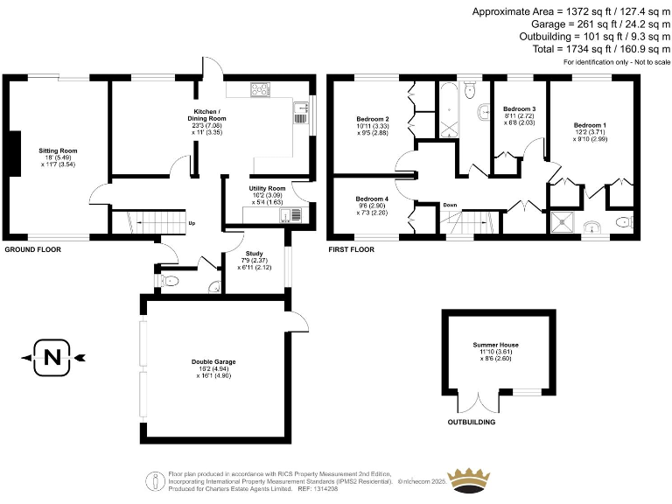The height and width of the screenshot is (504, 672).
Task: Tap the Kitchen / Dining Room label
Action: tap(210, 117)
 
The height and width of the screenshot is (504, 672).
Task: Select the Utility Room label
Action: tap(269, 188)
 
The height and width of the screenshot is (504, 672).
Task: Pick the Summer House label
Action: tap(496, 345)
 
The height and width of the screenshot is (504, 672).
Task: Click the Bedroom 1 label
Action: tap(591, 126)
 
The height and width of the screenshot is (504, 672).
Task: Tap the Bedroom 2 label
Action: tap(373, 118)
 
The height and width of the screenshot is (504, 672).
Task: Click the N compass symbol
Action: tap(52, 357)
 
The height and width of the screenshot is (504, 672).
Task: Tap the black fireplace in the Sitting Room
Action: tap(13, 151)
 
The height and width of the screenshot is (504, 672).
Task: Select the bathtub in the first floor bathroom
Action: tap(449, 109)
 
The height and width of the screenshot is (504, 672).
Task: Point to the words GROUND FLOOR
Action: tap(33, 249)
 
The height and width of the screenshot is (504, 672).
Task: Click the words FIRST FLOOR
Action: tap(351, 249)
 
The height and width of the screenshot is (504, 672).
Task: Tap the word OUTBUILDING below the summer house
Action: tap(471, 422)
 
